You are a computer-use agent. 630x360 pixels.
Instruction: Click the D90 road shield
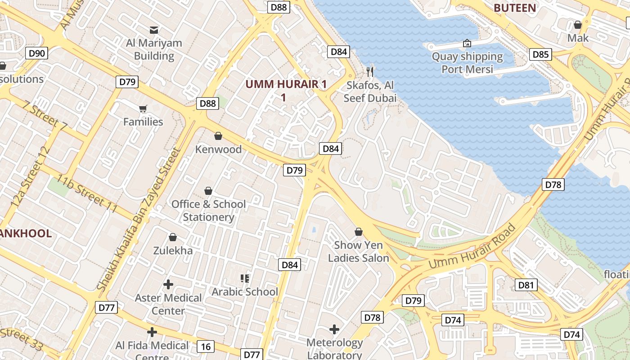click(36, 54)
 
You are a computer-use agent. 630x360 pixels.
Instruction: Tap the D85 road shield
click(540, 54)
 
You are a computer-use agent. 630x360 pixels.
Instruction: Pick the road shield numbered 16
click(206, 346)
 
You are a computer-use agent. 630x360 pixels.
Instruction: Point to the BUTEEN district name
click(515, 8)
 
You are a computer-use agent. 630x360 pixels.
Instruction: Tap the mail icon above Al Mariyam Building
click(154, 30)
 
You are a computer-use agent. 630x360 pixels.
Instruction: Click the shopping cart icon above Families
click(143, 108)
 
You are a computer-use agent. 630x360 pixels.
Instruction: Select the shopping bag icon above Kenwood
click(218, 136)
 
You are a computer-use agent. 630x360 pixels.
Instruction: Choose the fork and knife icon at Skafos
click(370, 72)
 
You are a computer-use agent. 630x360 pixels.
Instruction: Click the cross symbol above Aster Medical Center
click(168, 284)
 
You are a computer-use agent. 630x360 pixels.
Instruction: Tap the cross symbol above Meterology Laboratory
click(334, 329)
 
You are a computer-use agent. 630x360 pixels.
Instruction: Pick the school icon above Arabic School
click(245, 279)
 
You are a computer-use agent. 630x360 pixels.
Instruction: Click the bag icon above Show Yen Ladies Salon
click(359, 232)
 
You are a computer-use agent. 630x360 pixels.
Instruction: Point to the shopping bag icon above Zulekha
click(173, 237)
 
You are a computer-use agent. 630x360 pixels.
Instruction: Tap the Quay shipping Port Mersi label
click(467, 63)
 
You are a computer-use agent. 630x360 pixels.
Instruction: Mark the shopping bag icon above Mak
click(578, 25)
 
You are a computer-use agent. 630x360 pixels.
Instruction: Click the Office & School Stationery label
click(208, 211)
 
